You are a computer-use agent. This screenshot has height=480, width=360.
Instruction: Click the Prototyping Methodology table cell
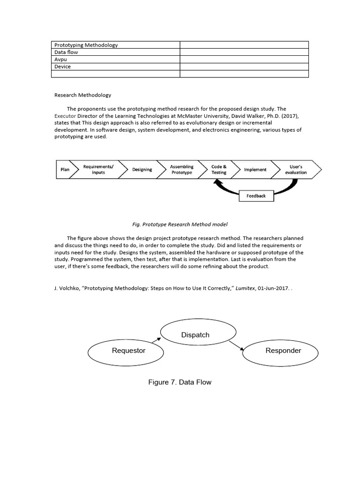pyautogui.click(x=115, y=45)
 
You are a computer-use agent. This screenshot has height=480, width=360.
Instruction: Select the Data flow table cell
pyautogui.click(x=115, y=52)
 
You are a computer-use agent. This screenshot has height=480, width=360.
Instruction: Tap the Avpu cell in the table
pyautogui.click(x=115, y=60)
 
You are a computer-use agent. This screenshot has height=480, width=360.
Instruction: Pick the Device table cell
pyautogui.click(x=115, y=67)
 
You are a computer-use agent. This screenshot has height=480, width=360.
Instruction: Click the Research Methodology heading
pyautogui.click(x=83, y=95)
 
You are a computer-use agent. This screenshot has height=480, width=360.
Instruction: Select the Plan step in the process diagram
pyautogui.click(x=65, y=170)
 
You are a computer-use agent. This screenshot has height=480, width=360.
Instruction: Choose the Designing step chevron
pyautogui.click(x=142, y=170)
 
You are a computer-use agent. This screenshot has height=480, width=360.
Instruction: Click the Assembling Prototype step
pyautogui.click(x=181, y=170)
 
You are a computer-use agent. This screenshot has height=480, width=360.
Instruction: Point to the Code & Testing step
pyautogui.click(x=219, y=170)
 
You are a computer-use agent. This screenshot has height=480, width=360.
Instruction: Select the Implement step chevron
pyautogui.click(x=255, y=170)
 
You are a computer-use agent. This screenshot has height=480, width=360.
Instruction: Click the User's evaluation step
pyautogui.click(x=296, y=170)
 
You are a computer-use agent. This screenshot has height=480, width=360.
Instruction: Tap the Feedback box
pyautogui.click(x=256, y=196)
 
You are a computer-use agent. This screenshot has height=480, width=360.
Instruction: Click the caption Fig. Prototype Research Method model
pyautogui.click(x=180, y=225)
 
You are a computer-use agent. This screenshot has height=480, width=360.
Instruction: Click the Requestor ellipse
pyautogui.click(x=128, y=351)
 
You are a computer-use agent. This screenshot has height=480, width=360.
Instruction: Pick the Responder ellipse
pyautogui.click(x=283, y=351)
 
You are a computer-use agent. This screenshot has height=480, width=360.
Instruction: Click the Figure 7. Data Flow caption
pyautogui.click(x=180, y=382)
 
